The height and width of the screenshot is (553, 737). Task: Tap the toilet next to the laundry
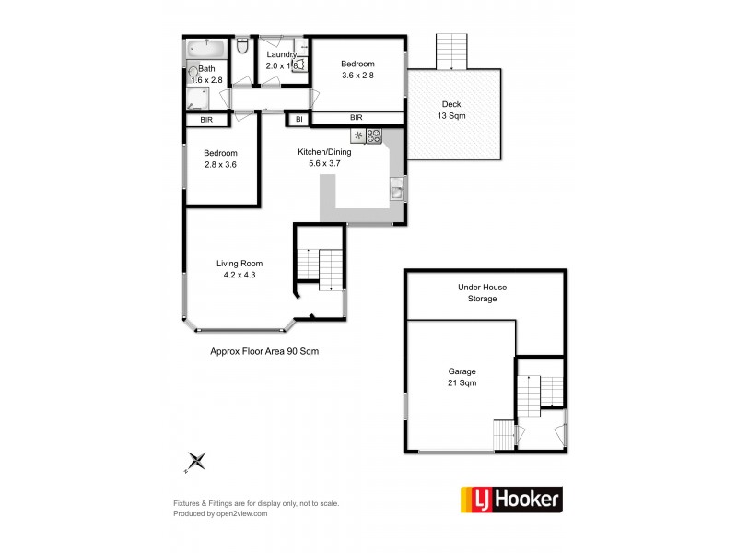242,46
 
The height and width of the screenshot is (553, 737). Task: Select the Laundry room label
282,54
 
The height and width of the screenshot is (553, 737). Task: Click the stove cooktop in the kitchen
373,136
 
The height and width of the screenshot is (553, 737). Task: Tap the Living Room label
240,264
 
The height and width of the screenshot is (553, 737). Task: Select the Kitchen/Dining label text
324,152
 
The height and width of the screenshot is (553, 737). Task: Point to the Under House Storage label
482,293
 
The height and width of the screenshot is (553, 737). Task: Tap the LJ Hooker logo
509,500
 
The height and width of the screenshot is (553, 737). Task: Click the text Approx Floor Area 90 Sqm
264,351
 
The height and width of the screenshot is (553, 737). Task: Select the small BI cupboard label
298,119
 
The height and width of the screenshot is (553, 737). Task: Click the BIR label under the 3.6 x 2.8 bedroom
356,118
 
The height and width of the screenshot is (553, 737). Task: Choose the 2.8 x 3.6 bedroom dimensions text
221,166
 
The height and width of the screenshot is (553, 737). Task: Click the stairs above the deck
451,51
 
